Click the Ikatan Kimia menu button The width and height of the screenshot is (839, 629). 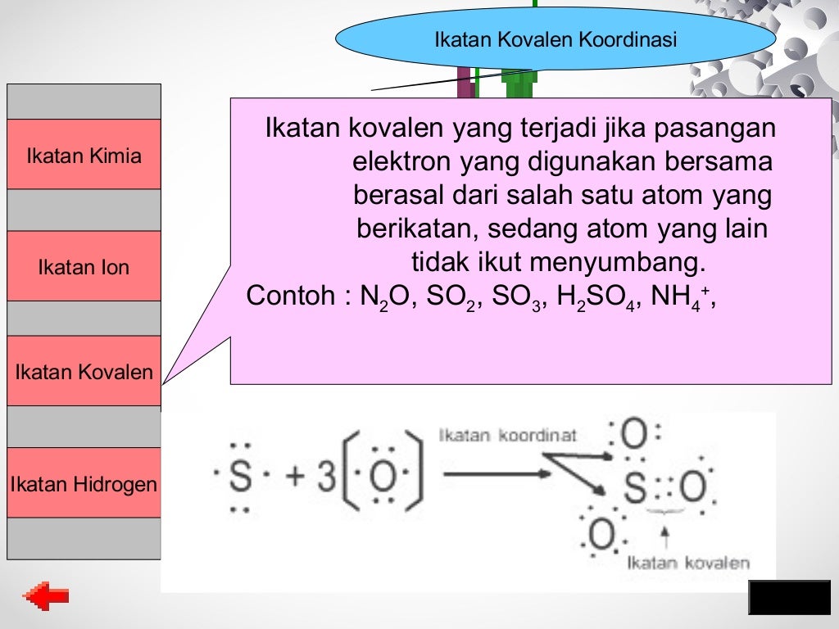pos(84,156)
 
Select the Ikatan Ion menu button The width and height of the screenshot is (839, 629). pos(84,267)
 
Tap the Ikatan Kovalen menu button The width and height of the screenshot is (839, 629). pos(84,372)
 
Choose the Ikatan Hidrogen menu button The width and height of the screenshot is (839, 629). pos(84,484)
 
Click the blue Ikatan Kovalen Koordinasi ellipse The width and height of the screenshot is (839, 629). pos(555,39)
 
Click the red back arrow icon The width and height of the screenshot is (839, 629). pos(46,597)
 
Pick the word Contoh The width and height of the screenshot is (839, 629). pos(289,296)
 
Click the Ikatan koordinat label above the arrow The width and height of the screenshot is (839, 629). pos(508,436)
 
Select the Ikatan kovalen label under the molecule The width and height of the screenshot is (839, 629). pos(688,563)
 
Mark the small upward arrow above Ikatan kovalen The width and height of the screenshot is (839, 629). pos(665,537)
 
